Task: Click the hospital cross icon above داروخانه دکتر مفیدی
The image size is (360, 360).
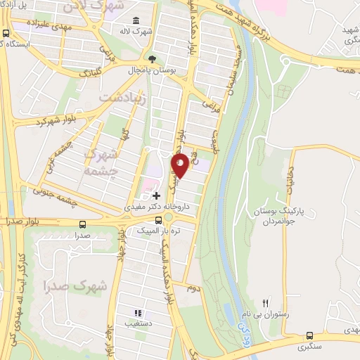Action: tap(156, 193)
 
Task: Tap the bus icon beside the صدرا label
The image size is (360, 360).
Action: tap(84, 225)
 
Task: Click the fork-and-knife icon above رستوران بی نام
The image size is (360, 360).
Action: tap(266, 302)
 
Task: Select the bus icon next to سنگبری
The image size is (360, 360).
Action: tap(311, 336)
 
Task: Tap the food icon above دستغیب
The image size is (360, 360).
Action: tap(139, 314)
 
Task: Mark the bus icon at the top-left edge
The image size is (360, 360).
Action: tap(6, 33)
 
